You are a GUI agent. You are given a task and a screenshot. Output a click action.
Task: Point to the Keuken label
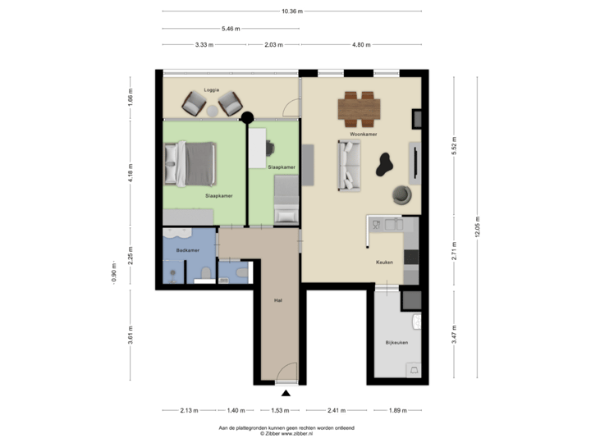pos(384,263)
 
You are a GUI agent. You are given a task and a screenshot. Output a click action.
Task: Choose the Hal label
pos(278,302)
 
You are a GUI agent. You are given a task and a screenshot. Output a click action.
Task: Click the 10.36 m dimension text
pos(291,11)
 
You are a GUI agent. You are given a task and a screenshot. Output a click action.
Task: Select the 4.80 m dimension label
pos(362,44)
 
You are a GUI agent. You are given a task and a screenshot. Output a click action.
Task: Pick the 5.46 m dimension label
pos(231,28)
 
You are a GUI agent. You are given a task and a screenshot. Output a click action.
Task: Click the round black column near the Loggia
pos(245,116)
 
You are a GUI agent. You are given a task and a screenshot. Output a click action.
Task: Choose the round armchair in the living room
pos(401,194)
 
